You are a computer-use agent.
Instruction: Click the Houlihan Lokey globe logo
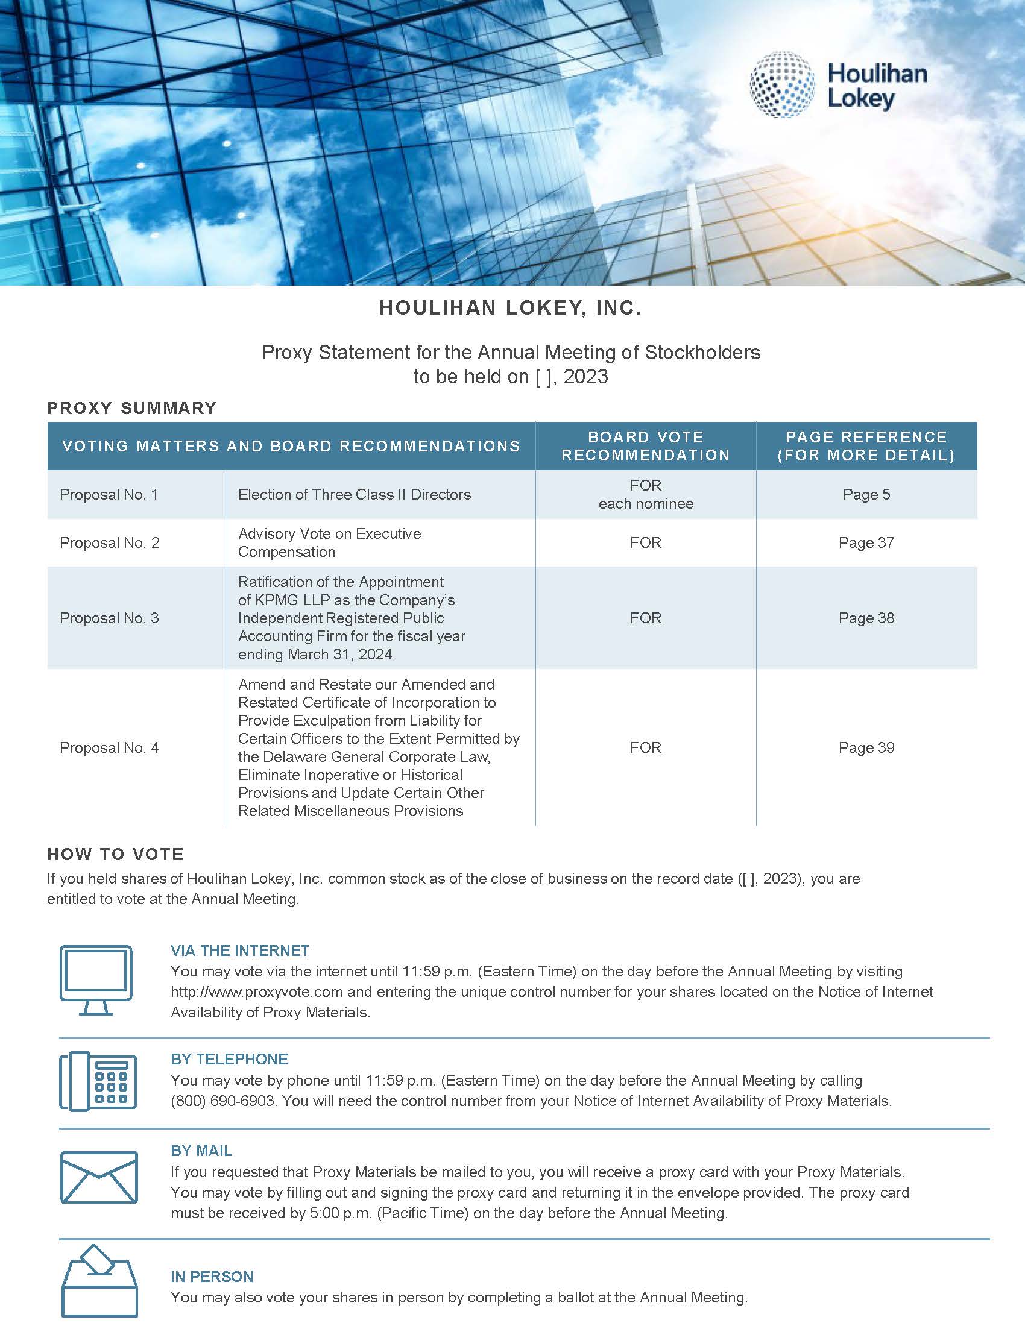(782, 84)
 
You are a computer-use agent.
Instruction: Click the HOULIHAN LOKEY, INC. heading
(510, 309)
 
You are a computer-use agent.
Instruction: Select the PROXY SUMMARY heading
(132, 408)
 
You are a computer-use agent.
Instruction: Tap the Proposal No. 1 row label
(109, 495)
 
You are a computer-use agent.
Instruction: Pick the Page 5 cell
(866, 495)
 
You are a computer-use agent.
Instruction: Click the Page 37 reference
(866, 543)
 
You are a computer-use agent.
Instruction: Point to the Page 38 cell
(866, 618)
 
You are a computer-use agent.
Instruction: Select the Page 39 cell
(866, 747)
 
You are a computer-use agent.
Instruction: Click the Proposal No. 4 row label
(109, 747)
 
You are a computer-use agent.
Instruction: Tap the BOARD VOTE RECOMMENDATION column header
(646, 446)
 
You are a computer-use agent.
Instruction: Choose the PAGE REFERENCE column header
(866, 446)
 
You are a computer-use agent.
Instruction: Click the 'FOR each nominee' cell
(646, 495)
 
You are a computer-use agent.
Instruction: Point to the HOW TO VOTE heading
(115, 854)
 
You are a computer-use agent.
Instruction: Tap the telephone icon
(98, 1081)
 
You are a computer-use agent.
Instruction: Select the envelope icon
(99, 1177)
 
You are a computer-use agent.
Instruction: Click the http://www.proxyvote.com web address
(257, 992)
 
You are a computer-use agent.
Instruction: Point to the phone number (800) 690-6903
(223, 1101)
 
